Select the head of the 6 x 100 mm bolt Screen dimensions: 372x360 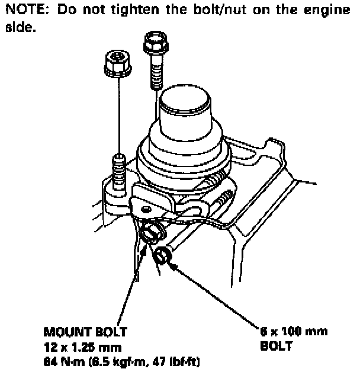point(163,256)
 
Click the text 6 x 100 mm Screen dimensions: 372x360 point(294,333)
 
